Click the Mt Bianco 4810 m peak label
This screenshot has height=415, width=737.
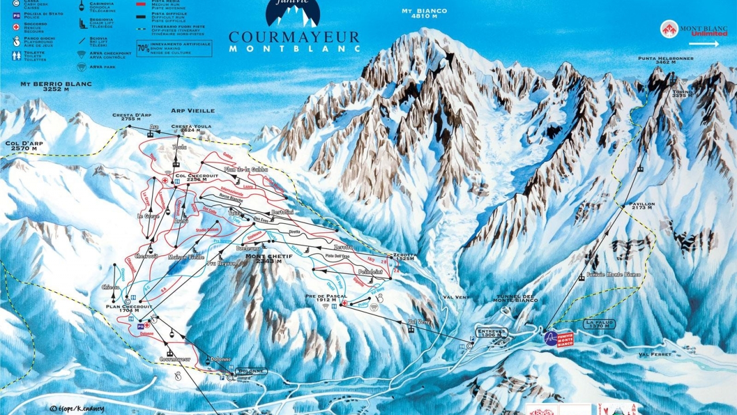tap(425, 14)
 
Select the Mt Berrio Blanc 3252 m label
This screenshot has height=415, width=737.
tap(56, 87)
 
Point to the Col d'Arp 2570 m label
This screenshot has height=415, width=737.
tap(23, 145)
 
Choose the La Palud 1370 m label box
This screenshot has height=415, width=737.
tap(599, 325)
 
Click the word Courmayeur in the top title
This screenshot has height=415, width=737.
tap(294, 37)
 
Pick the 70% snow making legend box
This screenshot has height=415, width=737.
tap(174, 48)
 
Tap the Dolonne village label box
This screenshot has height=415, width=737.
tap(252, 371)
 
